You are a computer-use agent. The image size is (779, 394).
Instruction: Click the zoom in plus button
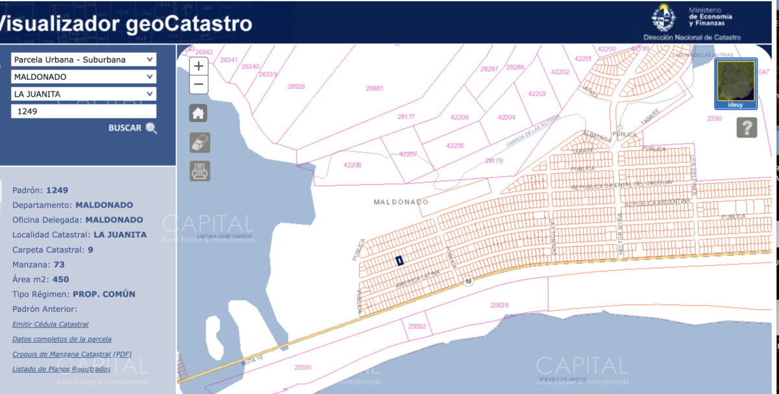(x=199, y=66)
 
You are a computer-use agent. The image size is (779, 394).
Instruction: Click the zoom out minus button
(x=199, y=84)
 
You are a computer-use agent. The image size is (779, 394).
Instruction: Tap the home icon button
(x=199, y=113)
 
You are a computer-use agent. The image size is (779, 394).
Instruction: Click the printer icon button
(x=199, y=171)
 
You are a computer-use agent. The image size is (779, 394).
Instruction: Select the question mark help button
(x=747, y=127)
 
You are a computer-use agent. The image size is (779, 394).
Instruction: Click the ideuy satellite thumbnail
(x=736, y=83)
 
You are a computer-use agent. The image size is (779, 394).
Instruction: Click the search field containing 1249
(x=83, y=111)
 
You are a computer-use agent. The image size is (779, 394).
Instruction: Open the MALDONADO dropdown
(x=83, y=77)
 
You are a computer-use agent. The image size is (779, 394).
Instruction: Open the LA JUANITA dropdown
(x=83, y=94)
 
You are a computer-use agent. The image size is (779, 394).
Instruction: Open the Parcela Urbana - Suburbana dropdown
(x=83, y=60)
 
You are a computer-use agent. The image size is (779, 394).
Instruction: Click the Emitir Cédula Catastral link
(x=51, y=324)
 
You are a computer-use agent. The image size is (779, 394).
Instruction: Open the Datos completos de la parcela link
(x=62, y=339)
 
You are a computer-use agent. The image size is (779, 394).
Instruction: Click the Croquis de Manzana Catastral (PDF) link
(x=72, y=354)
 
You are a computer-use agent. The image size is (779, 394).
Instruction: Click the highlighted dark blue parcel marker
(x=399, y=260)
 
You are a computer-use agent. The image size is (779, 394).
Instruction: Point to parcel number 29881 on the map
(x=375, y=88)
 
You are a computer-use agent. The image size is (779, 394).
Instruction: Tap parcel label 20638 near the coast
(x=500, y=304)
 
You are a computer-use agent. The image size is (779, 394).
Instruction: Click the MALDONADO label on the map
(x=401, y=202)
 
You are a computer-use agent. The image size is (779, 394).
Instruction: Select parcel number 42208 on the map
(x=352, y=165)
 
